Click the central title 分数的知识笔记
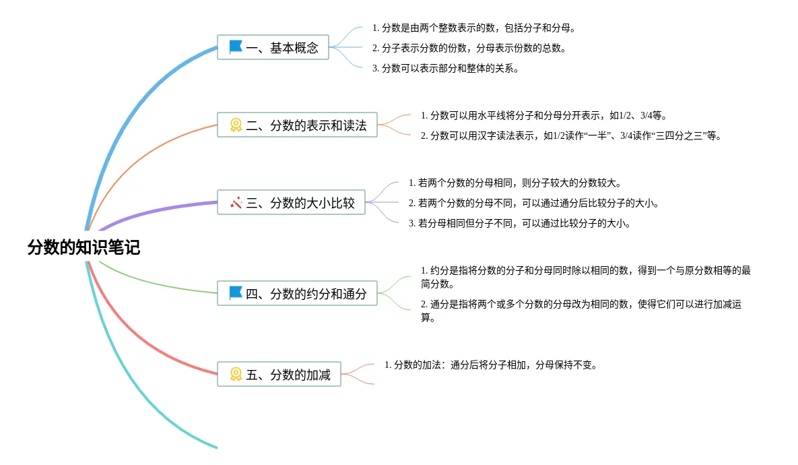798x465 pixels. tap(84, 247)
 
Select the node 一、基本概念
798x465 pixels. tap(273, 47)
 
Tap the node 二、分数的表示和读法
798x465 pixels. tap(297, 125)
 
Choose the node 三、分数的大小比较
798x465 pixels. tap(291, 202)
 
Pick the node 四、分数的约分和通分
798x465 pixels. tap(297, 293)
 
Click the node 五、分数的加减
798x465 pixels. tap(279, 374)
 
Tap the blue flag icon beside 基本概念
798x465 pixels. tap(236, 47)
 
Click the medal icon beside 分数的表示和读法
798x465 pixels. tap(236, 125)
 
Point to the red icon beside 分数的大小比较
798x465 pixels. tap(236, 202)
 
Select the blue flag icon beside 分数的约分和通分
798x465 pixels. tap(236, 293)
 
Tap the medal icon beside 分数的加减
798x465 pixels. tap(236, 374)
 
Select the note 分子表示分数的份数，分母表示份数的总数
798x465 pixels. tap(469, 48)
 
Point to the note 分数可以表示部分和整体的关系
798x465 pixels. tap(445, 68)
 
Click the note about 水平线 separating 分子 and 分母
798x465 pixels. tap(543, 115)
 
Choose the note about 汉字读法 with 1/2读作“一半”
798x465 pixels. tap(571, 135)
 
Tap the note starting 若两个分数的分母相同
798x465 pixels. tap(514, 183)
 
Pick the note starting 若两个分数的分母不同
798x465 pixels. tap(533, 203)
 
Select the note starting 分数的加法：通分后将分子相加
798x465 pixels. tap(491, 365)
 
